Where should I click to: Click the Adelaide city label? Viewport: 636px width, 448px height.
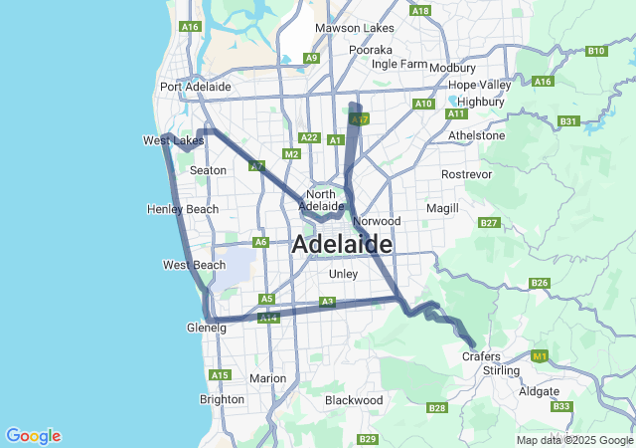click(x=342, y=244)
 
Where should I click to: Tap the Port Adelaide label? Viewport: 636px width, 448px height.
click(x=196, y=87)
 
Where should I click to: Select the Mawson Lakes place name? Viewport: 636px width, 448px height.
click(x=350, y=28)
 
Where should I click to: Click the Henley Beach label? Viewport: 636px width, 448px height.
click(x=182, y=209)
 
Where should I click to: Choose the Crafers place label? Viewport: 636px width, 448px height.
click(x=481, y=355)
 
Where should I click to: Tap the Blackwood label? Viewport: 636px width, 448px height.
click(x=354, y=400)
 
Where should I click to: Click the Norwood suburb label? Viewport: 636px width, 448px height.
click(x=377, y=220)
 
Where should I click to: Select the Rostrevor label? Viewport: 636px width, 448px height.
click(x=467, y=174)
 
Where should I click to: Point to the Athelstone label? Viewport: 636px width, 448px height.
click(x=477, y=135)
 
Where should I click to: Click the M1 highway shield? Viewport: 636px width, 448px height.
click(x=540, y=355)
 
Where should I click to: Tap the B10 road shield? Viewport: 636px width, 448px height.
click(x=596, y=51)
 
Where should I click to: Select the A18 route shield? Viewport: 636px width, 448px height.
click(x=420, y=11)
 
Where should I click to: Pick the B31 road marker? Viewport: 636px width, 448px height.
click(x=568, y=121)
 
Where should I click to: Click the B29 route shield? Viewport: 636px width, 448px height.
click(x=368, y=439)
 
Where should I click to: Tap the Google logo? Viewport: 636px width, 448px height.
click(x=33, y=436)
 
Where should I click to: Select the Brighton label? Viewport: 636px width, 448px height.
click(x=222, y=399)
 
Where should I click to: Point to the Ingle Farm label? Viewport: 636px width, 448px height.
click(x=398, y=64)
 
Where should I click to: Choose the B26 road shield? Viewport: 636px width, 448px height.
click(x=540, y=283)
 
